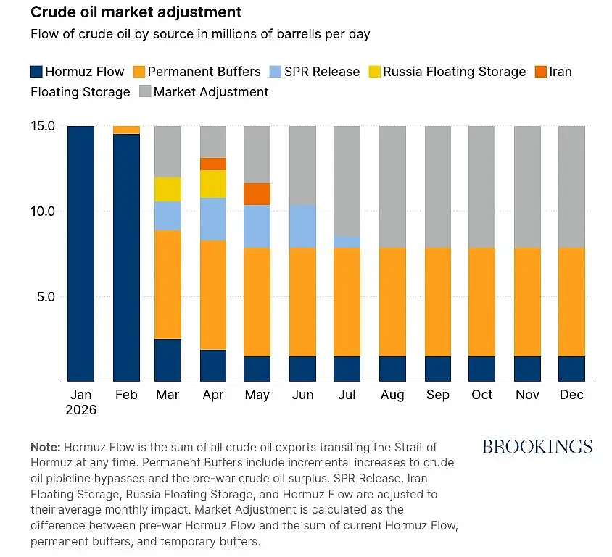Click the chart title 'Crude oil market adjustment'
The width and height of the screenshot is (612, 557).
136,12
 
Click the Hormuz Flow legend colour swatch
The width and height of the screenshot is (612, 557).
36,72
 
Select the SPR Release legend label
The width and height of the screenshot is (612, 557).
322,72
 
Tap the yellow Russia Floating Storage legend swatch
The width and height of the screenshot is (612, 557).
375,72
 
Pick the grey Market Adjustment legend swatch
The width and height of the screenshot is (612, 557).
145,92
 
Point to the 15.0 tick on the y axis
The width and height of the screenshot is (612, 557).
43,126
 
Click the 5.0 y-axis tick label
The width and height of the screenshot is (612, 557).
46,297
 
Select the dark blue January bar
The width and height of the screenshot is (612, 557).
80,254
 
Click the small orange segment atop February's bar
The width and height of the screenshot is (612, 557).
126,130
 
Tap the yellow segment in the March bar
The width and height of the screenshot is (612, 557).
168,190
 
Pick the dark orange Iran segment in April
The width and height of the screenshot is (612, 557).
213,164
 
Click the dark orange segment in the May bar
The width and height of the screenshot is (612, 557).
257,194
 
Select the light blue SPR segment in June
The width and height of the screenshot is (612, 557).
303,227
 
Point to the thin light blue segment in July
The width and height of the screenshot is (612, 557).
347,242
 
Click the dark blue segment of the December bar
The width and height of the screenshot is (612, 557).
572,369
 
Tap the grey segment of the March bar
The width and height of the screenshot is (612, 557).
168,151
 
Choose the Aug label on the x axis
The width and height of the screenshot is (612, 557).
392,395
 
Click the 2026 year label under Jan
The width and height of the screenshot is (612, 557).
80,410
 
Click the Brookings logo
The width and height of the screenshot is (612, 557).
537,447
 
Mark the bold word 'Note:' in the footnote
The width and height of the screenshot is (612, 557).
45,447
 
